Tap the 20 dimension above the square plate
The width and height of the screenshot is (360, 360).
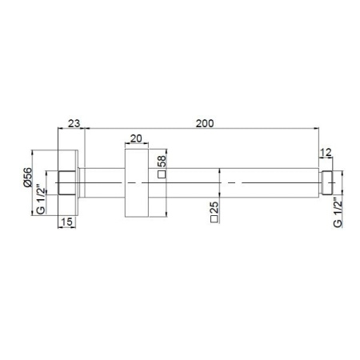[135, 139]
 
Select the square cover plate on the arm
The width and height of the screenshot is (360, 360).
[135, 183]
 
